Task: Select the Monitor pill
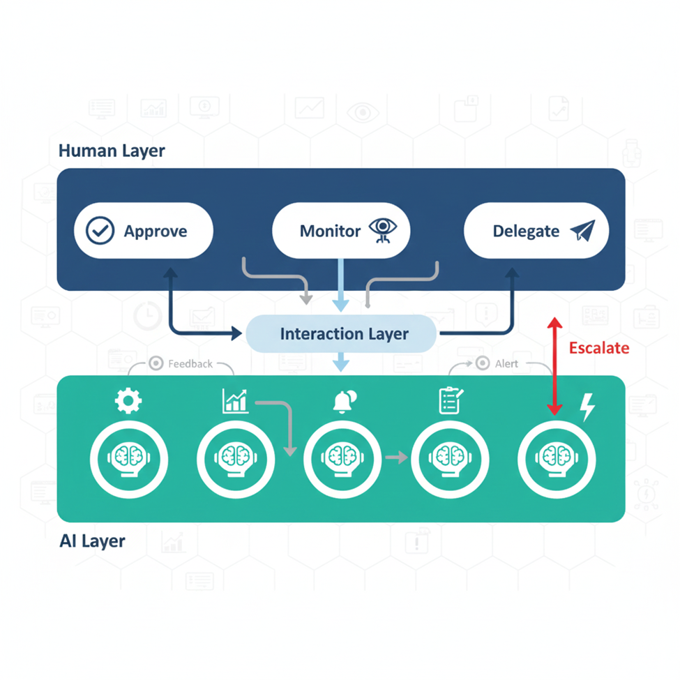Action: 340,231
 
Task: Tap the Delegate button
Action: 536,231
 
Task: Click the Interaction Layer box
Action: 342,334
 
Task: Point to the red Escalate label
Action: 598,348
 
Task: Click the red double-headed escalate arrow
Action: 554,367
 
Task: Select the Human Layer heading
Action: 112,151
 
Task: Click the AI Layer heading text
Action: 92,541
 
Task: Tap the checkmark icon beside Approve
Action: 100,231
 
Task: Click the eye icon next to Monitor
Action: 381,229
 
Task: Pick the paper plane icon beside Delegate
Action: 582,231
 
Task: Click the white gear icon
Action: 128,400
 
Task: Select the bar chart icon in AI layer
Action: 234,401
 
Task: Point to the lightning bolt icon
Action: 588,407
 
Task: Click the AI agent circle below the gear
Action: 128,458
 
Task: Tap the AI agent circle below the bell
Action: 342,458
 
